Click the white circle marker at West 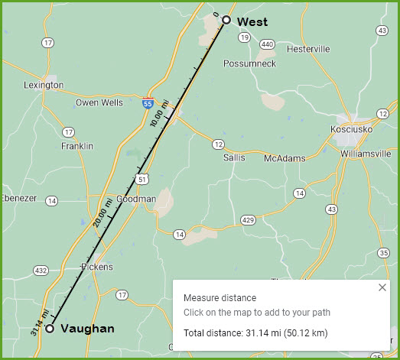coord(226,20)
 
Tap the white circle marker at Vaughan coord(50,329)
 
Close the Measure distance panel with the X coord(382,287)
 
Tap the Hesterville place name coord(307,49)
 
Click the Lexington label coord(44,86)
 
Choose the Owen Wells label coord(100,102)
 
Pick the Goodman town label coord(136,199)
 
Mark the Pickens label coord(97,267)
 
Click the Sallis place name coord(234,157)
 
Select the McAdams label coord(285,158)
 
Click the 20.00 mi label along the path coord(100,212)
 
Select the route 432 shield coord(41,270)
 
